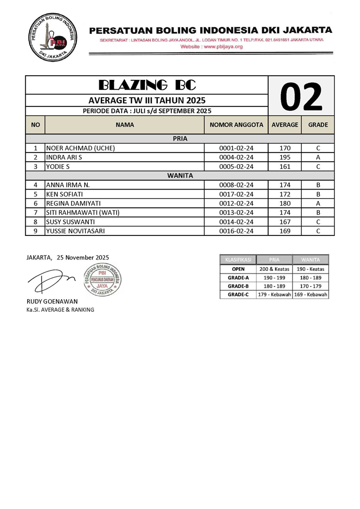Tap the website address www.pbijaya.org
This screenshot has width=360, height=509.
(212, 46)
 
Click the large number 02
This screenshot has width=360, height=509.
(301, 96)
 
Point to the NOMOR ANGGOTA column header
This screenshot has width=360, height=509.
(236, 125)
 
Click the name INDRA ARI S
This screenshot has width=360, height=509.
(64, 157)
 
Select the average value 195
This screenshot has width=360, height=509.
(285, 157)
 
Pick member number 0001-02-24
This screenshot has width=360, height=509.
(236, 148)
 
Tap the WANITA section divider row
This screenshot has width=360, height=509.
(180, 175)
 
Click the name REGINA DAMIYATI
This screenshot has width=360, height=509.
(74, 203)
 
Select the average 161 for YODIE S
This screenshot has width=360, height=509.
(285, 167)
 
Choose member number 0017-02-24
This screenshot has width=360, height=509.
(236, 194)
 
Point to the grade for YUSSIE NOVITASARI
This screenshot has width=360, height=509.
(318, 231)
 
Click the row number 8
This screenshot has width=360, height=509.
(36, 221)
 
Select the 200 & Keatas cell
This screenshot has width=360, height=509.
(274, 269)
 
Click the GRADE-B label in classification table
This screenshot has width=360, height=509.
(238, 286)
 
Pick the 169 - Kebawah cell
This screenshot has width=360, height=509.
(310, 294)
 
